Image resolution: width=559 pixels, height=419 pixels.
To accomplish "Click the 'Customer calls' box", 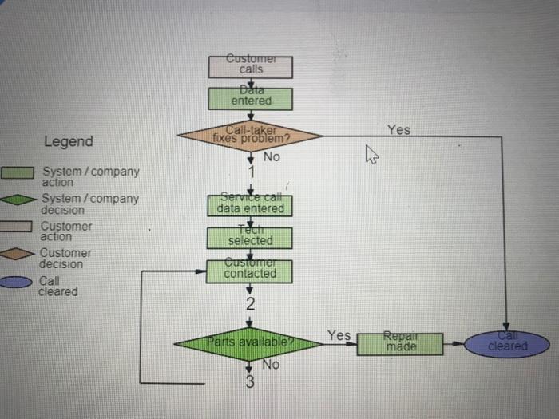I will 250,66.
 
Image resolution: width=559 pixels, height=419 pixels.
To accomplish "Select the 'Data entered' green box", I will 250,99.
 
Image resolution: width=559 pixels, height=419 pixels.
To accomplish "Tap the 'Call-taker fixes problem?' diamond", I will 250,136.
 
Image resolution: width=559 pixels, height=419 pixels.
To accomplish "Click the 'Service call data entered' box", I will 250,206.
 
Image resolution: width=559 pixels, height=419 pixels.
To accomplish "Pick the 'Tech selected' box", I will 250,238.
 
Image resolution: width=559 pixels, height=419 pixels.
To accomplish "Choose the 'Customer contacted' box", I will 250,271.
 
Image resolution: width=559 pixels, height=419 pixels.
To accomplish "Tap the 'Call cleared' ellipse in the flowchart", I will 508,345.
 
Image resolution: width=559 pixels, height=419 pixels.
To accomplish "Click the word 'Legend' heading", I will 68,142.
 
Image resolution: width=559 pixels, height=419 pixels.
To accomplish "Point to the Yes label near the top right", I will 399,129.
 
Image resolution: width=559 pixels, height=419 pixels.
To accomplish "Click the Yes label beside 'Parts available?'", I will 339,335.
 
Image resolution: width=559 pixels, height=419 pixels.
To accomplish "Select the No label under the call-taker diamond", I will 272,157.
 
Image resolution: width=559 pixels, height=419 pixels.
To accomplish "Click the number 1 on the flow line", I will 250,172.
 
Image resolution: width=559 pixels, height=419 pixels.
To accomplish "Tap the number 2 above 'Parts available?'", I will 250,304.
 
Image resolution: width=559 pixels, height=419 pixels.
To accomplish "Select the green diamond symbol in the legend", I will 18,200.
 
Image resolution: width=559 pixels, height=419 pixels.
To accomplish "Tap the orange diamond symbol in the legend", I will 18,254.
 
